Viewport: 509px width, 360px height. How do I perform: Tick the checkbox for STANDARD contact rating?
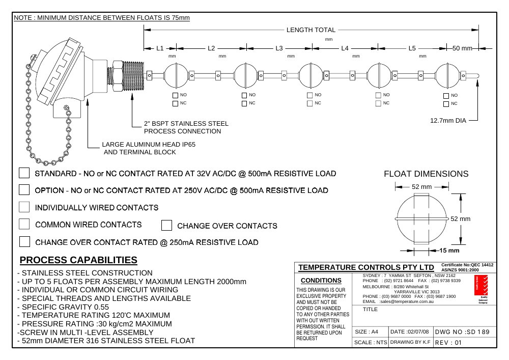[24, 173]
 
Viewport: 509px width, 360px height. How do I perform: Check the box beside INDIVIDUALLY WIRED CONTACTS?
[24, 207]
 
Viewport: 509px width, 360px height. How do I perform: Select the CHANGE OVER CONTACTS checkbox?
[166, 225]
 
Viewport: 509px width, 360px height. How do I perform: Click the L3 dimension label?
[279, 48]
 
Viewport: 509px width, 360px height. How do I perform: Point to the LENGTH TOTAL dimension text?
[310, 30]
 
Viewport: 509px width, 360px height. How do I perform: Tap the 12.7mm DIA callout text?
[448, 121]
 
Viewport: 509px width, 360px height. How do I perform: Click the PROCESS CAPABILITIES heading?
[78, 260]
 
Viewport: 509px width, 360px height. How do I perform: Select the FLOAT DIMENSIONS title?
[426, 174]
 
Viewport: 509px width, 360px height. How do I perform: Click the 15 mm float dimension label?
[449, 251]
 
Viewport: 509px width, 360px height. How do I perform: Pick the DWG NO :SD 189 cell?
[462, 332]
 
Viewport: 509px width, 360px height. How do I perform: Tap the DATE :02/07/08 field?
[409, 332]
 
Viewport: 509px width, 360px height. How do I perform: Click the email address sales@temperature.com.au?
[407, 301]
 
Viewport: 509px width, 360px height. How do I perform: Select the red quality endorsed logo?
[481, 285]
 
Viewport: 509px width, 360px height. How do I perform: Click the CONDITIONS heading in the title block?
[321, 281]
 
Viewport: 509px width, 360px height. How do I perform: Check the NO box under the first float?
[175, 95]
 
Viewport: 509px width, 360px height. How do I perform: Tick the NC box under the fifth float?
[446, 104]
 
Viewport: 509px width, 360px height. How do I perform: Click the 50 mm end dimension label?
[462, 48]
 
